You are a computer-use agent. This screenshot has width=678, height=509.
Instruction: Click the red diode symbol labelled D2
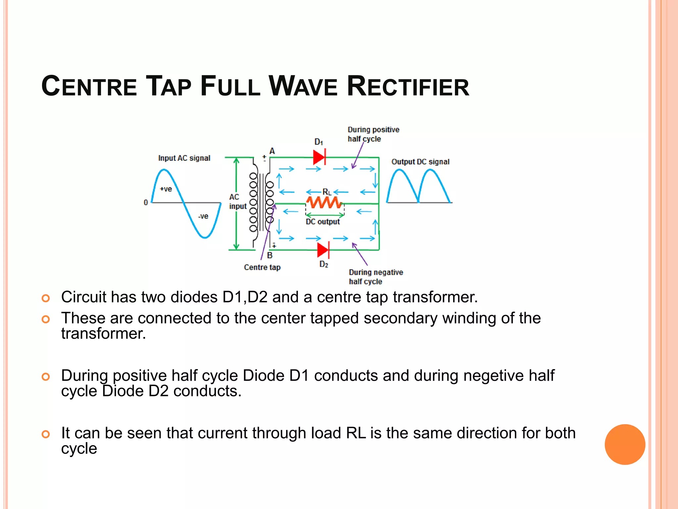click(x=323, y=250)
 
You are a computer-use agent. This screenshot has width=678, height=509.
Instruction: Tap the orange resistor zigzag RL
click(x=324, y=202)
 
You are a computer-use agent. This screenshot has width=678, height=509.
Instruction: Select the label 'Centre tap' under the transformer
click(x=262, y=267)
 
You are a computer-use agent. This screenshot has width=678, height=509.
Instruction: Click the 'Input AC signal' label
click(x=184, y=158)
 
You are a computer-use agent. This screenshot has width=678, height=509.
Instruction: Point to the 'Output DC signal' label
click(x=420, y=162)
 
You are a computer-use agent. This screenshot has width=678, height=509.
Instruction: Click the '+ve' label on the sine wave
click(x=166, y=189)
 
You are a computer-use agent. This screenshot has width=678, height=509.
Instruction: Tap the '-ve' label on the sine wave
click(x=203, y=216)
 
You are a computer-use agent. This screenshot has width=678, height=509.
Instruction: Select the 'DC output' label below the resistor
click(x=323, y=222)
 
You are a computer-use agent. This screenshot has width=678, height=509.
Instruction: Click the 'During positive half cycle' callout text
click(x=373, y=134)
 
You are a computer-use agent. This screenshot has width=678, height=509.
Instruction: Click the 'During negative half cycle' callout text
click(x=376, y=277)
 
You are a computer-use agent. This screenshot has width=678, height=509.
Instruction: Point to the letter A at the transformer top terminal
click(x=272, y=151)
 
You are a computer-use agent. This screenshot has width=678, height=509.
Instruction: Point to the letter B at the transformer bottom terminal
click(x=270, y=255)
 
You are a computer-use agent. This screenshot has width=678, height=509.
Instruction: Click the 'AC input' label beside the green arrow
click(x=238, y=201)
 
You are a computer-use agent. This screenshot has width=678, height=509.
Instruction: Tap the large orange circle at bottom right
click(x=625, y=444)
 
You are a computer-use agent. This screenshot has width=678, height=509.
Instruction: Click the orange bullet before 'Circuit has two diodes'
click(x=46, y=298)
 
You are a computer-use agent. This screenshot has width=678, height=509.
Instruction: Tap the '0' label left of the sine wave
click(x=146, y=202)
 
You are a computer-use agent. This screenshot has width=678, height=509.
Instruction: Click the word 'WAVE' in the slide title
click(x=303, y=86)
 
